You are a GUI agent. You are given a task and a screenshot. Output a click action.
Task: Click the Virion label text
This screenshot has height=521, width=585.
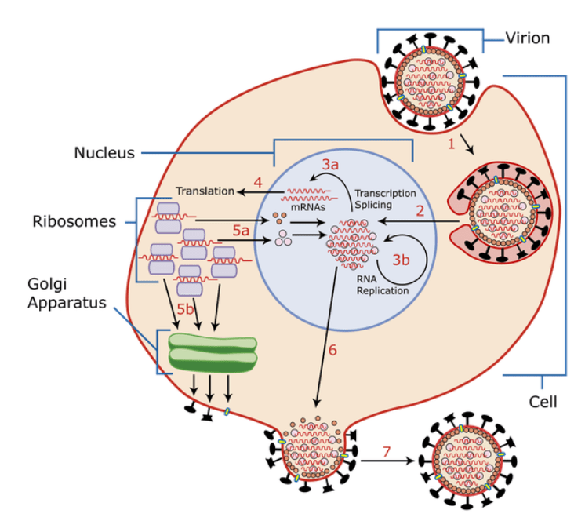click(528, 38)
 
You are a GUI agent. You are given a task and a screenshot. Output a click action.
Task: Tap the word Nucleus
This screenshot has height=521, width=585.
click(104, 153)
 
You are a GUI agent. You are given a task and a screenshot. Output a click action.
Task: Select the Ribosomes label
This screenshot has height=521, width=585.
click(74, 221)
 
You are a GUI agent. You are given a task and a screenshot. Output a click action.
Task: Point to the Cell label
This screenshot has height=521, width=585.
click(543, 402)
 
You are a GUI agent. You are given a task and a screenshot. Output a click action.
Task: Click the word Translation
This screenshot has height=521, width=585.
click(205, 191)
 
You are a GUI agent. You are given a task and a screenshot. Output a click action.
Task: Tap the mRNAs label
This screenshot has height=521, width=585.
click(308, 207)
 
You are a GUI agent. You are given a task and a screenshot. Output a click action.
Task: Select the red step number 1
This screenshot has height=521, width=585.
click(452, 144)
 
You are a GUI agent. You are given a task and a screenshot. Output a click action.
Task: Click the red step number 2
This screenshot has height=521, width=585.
click(420, 211)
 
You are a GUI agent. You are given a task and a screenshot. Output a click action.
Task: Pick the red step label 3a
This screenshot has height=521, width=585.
click(331, 165)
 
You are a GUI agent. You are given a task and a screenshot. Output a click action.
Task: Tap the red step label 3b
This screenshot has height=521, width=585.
click(401, 260)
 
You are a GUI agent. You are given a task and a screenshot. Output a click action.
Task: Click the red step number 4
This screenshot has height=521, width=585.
click(258, 183)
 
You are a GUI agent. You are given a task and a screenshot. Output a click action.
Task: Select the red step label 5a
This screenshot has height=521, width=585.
click(241, 231)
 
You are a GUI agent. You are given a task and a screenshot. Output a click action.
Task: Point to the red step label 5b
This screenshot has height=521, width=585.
click(185, 309)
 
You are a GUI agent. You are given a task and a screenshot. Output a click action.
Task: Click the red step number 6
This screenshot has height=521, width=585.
click(332, 350)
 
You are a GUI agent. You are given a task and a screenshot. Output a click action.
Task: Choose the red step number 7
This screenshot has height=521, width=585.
click(387, 452)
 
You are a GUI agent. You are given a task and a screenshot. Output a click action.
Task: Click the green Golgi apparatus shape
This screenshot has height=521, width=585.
click(213, 353)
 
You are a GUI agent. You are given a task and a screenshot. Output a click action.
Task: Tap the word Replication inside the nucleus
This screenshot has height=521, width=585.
click(383, 291)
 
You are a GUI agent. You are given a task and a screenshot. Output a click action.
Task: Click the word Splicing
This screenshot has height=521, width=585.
click(373, 205)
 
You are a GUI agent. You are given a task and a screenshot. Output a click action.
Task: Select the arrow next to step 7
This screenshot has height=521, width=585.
click(387, 461)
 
